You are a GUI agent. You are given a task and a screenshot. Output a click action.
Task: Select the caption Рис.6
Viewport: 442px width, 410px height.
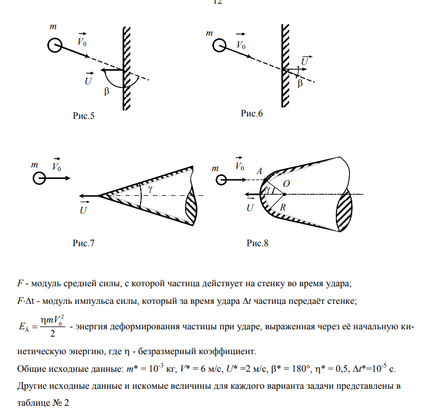pos(252,114)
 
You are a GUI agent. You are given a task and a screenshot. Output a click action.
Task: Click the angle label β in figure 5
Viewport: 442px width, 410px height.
pos(107,92)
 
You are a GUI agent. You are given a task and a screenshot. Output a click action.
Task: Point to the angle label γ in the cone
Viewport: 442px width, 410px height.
pos(150,188)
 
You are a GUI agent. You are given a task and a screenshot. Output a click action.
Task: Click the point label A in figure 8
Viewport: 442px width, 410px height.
pos(259,172)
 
